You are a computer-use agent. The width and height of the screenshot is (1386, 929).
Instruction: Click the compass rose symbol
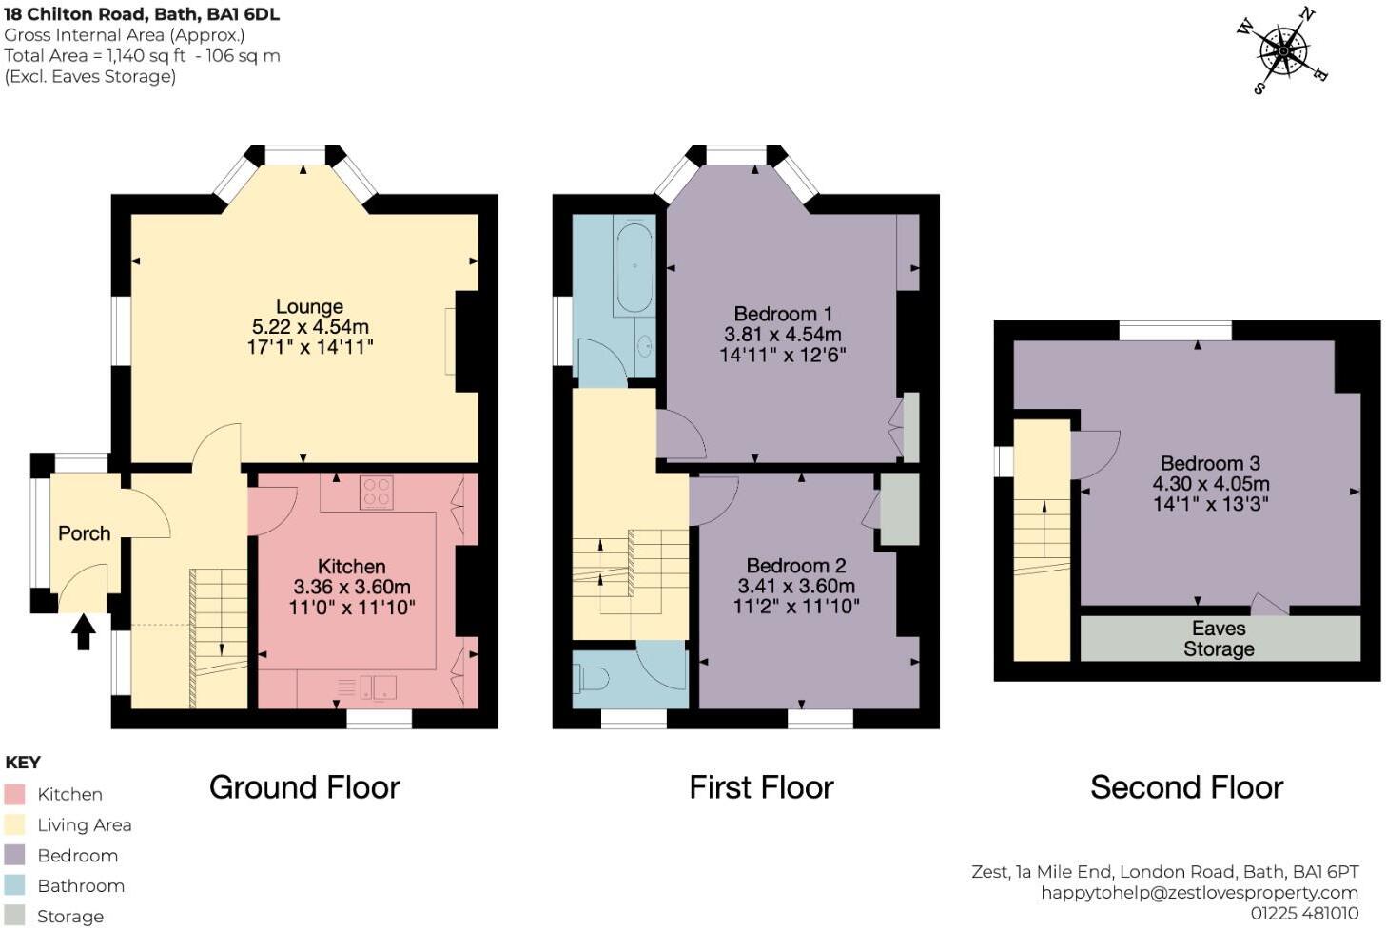tap(1283, 51)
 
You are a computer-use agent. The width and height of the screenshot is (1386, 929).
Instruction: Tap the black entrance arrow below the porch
tap(84, 631)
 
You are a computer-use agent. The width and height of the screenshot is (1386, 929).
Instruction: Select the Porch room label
tap(84, 533)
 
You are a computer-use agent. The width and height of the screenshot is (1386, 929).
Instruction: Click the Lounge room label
tap(309, 306)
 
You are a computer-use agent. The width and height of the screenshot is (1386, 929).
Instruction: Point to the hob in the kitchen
tap(377, 493)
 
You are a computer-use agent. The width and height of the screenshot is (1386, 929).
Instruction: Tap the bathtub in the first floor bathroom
tap(634, 265)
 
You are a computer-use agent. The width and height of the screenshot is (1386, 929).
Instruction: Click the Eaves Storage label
tap(1219, 639)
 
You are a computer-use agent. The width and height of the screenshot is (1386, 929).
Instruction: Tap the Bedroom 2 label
tap(795, 566)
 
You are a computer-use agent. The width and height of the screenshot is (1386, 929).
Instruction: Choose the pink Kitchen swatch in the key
tap(14, 794)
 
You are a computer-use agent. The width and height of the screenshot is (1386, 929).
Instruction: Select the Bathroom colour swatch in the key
tap(14, 885)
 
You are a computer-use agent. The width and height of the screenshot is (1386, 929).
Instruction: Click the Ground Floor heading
tap(304, 787)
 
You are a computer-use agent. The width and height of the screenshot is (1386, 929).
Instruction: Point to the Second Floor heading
tap(1186, 787)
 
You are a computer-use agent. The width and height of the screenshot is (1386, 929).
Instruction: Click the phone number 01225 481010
tap(1304, 913)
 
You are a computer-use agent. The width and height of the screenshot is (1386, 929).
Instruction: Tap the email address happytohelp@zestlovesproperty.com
tap(1199, 892)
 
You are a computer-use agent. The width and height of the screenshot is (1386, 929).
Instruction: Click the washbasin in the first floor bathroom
tap(645, 345)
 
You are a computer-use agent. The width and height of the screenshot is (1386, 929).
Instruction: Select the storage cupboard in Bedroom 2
tap(899, 510)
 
